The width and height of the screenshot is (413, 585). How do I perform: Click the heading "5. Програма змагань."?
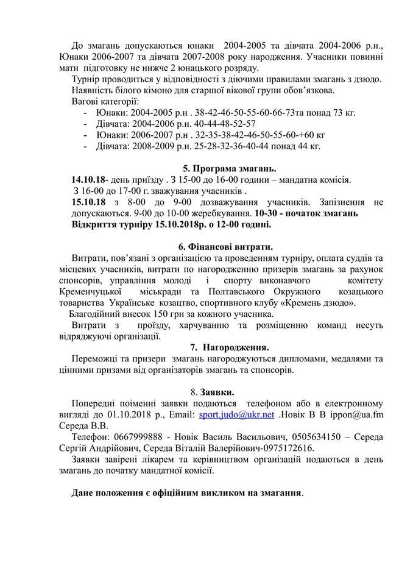click(230, 168)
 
